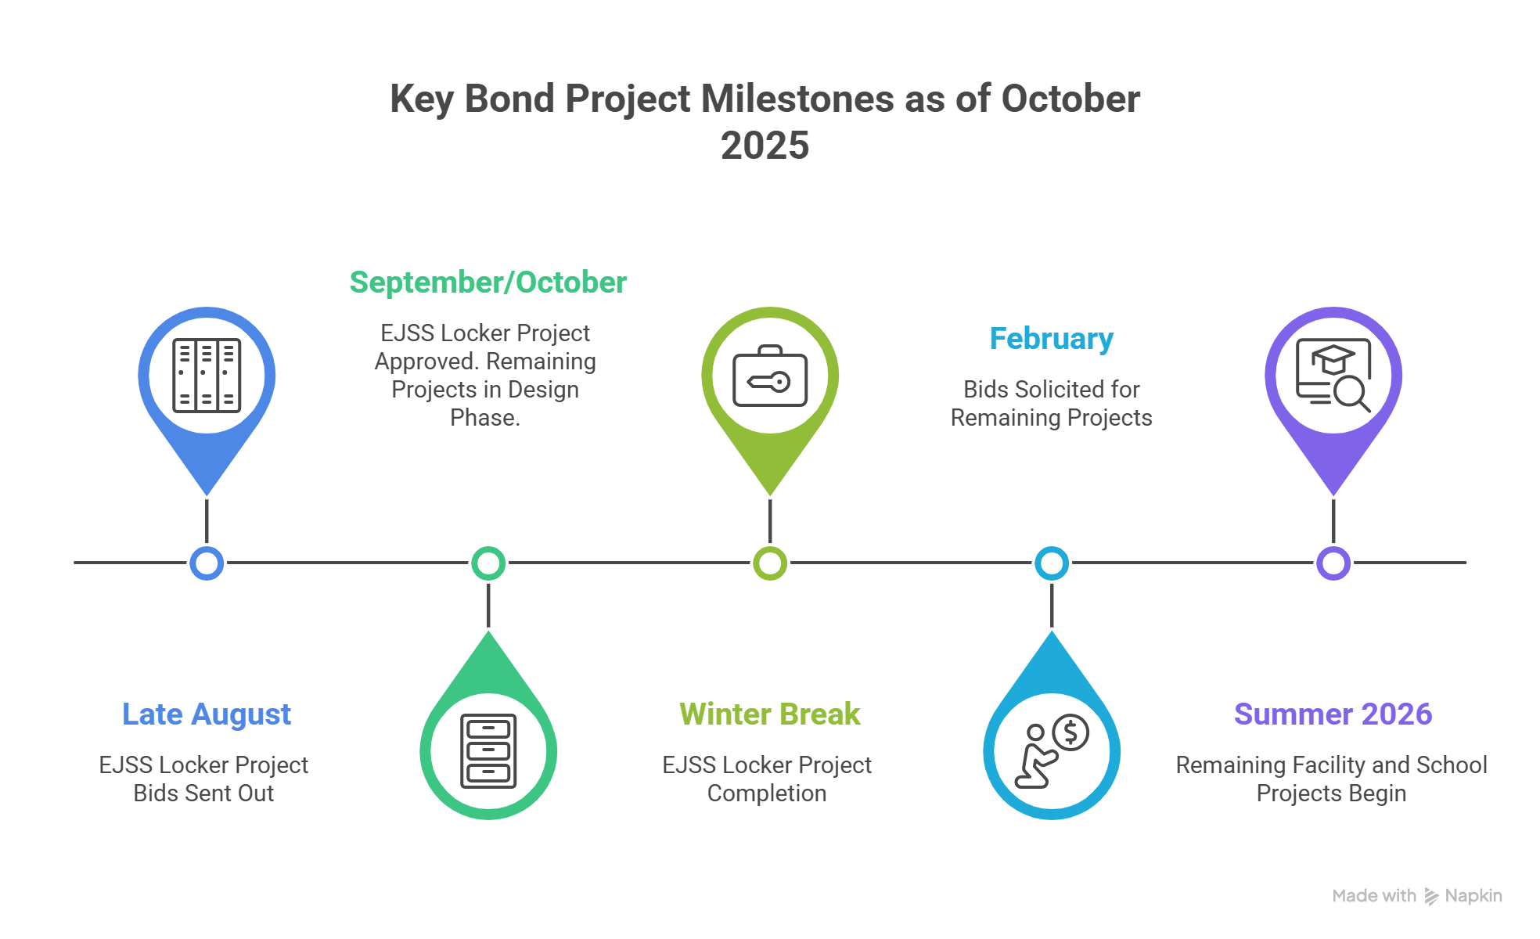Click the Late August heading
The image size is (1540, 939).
pos(207,714)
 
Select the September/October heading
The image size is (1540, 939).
pos(488,282)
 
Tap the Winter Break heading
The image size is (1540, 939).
pos(770,714)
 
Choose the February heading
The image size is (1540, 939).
pos(1052,339)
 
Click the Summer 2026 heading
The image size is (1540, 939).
pos(1333,714)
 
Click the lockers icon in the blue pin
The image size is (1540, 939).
pos(207,376)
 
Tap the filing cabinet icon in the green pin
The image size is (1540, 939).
pos(488,751)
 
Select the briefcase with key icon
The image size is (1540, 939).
pos(770,376)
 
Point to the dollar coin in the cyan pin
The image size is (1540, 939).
pos(1071,733)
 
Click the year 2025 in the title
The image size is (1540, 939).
pos(765,146)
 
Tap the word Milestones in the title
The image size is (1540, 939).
pos(797,99)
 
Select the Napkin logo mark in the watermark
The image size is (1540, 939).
pos(1431,897)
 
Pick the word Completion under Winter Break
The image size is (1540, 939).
pos(767,793)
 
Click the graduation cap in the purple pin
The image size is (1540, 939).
pos(1333,359)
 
